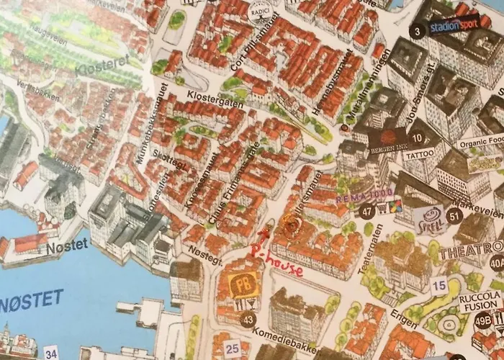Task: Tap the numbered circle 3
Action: point(417,32)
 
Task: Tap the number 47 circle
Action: point(368,212)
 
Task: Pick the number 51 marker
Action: point(454,215)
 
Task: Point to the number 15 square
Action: point(438,286)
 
